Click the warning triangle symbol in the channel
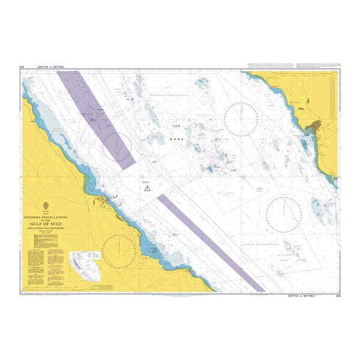pyautogui.click(x=146, y=188)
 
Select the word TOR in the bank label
pyautogui.click(x=176, y=126)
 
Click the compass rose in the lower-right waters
pyautogui.click(x=284, y=215)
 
